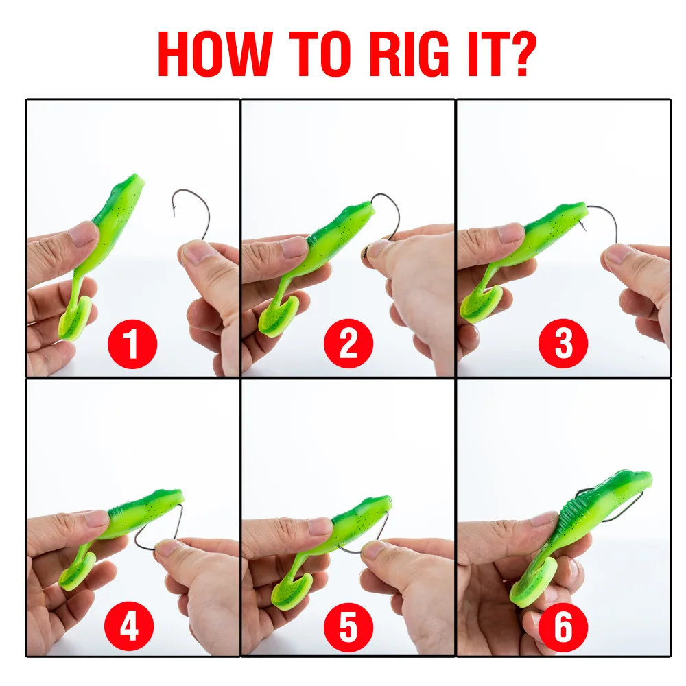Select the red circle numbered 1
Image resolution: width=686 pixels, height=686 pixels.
click(x=132, y=344)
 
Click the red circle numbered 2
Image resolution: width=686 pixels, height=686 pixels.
click(x=348, y=344)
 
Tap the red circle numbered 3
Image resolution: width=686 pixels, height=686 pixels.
click(x=563, y=344)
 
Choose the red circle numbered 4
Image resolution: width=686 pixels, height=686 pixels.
click(x=129, y=626)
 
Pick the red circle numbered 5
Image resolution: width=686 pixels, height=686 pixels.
click(x=348, y=626)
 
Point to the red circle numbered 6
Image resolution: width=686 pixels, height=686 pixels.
click(x=563, y=626)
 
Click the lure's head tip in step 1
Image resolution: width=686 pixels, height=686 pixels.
click(x=139, y=178)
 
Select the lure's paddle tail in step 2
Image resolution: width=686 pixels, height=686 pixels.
click(x=278, y=315)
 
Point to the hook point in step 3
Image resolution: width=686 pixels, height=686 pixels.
click(x=584, y=226)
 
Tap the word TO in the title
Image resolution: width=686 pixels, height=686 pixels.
click(x=320, y=54)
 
